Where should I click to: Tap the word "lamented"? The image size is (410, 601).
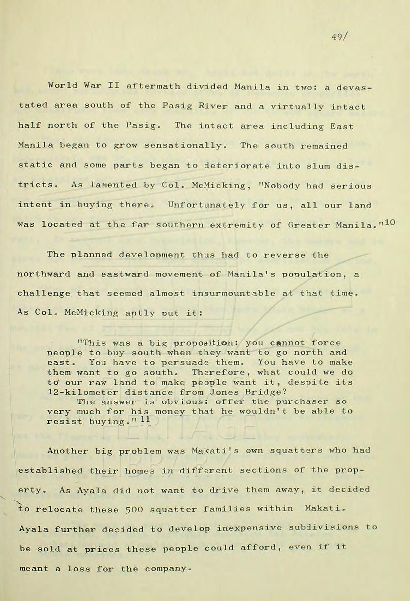[x=110, y=186]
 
